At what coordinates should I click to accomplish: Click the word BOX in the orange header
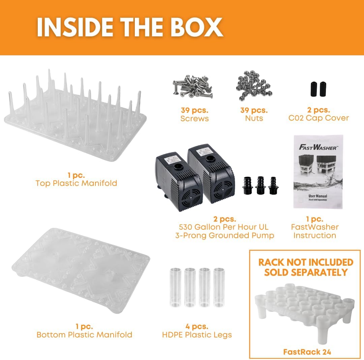196,27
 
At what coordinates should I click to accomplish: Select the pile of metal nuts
253,86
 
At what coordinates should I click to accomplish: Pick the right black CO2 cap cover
323,89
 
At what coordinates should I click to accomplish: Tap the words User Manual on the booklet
318,196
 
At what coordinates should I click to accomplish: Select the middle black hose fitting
261,185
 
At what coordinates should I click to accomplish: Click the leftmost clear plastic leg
176,287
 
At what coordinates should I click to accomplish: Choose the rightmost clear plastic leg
219,287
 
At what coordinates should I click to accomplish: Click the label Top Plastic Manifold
76,183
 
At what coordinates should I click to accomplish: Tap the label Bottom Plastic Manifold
84,335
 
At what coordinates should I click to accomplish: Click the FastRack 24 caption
307,352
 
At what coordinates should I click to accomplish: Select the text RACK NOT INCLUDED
306,262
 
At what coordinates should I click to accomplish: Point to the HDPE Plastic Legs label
197,335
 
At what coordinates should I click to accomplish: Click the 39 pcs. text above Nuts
254,110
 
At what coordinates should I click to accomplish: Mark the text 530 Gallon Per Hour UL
223,227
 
